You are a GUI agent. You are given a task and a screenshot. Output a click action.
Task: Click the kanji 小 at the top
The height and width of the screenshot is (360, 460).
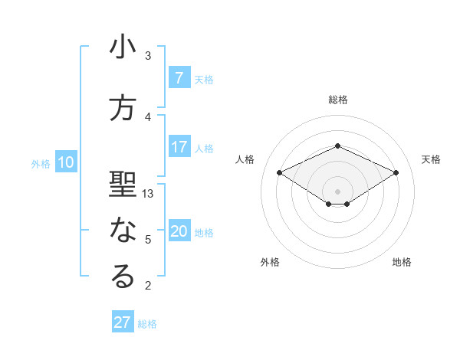click(123, 47)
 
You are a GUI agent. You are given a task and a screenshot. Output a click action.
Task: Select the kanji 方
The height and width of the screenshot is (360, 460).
click(123, 109)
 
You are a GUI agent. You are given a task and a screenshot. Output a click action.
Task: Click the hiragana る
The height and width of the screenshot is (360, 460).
click(123, 277)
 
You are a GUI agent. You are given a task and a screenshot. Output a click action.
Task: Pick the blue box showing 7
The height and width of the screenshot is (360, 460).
click(179, 77)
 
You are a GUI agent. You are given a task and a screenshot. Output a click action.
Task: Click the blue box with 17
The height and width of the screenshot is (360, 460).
click(179, 146)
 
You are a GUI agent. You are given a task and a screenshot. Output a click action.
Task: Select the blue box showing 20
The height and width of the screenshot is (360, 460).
click(179, 231)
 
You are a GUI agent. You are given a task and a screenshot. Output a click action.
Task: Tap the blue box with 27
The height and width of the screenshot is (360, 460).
click(123, 322)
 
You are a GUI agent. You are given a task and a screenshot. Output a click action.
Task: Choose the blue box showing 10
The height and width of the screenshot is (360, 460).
click(66, 162)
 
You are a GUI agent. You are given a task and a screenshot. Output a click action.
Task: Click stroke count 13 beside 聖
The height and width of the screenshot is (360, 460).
click(148, 194)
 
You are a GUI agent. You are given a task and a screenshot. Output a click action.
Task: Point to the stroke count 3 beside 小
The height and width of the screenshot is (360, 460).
click(148, 56)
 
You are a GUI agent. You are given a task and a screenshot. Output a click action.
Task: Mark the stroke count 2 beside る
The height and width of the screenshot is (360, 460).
click(148, 286)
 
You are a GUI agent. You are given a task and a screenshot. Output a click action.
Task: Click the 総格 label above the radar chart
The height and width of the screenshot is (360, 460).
click(337, 100)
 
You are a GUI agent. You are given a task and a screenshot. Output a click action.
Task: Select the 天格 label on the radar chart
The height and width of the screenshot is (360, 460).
click(431, 159)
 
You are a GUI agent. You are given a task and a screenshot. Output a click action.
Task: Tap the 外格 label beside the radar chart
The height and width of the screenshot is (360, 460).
click(270, 262)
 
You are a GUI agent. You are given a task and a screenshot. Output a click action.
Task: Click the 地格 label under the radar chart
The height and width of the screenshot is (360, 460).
click(402, 262)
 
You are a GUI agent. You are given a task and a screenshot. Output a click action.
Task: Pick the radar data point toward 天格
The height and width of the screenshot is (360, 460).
click(396, 172)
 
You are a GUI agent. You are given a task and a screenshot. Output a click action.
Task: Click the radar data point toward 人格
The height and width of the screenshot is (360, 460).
click(279, 172)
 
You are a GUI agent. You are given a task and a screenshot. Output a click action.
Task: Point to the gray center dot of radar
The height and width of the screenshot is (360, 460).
click(337, 191)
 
